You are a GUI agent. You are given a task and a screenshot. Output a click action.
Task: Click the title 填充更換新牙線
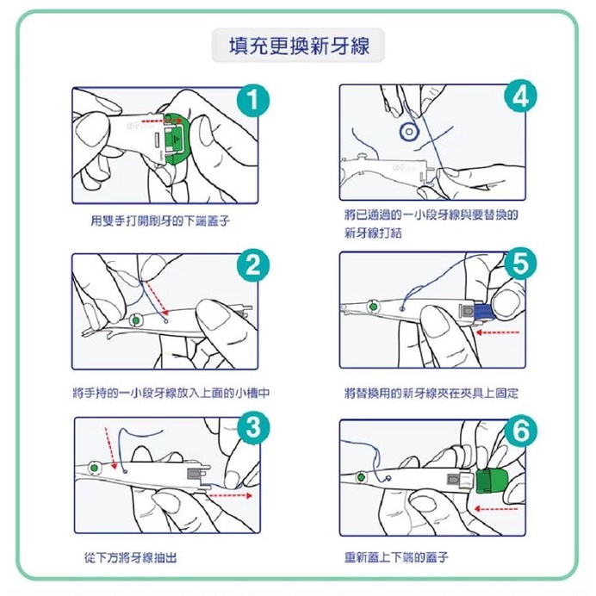click(x=299, y=46)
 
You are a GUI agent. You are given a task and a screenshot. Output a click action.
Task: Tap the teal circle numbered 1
click(x=252, y=101)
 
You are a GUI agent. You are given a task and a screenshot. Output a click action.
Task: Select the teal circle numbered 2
click(x=252, y=265)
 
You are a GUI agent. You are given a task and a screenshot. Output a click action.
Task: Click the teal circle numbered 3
click(x=253, y=427)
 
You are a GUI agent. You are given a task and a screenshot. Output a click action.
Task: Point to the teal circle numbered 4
click(x=520, y=96)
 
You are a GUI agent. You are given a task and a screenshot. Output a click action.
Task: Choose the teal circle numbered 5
click(x=520, y=264)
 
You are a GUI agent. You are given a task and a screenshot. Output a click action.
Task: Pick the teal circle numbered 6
click(x=520, y=431)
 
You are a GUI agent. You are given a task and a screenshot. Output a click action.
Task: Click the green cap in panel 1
click(x=178, y=139)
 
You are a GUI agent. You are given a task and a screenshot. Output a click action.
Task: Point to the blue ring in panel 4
click(x=409, y=132)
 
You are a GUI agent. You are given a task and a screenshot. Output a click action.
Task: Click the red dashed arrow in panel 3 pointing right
click(x=231, y=495)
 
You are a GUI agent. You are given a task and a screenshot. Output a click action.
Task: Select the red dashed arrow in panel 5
click(x=498, y=332)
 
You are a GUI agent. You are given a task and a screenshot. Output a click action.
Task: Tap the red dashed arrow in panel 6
click(x=496, y=508)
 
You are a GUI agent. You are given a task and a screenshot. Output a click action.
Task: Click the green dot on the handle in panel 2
click(x=136, y=320)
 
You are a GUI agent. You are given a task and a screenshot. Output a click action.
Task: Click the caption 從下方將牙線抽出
click(x=130, y=558)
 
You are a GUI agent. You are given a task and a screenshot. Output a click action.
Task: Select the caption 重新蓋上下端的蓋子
click(x=396, y=557)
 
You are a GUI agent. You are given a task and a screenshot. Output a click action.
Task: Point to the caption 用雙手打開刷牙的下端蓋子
click(x=160, y=220)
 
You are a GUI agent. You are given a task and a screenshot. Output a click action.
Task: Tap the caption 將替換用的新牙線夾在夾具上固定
click(x=431, y=393)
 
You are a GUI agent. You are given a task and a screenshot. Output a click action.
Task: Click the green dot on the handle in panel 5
click(x=373, y=307)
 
